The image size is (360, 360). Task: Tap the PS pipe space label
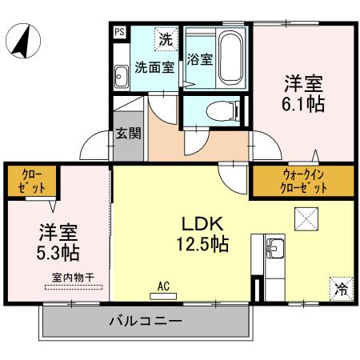[119, 32]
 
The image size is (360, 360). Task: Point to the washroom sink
[122, 77]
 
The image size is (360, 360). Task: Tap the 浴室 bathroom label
[199, 59]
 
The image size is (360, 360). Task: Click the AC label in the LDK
[163, 286]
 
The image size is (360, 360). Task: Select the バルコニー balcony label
[145, 322]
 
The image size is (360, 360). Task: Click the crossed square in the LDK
[306, 218]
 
